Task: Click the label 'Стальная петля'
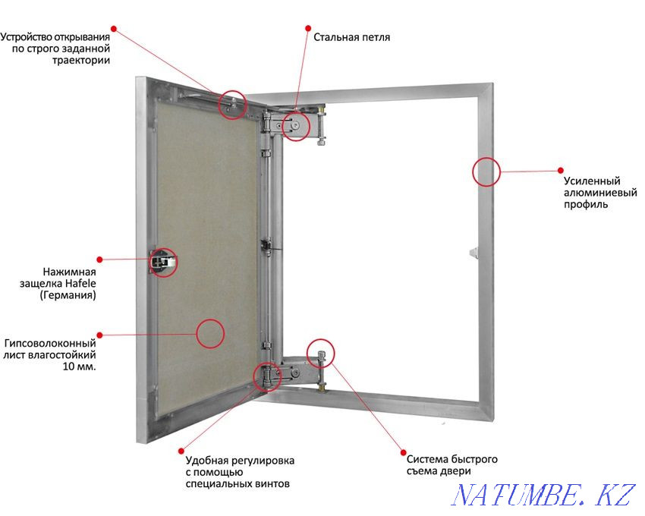351,37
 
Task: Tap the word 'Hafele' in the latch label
80,284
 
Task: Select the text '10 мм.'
80,367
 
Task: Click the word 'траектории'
81,60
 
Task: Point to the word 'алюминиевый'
600,193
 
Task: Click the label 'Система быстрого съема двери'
452,465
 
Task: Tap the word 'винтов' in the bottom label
272,483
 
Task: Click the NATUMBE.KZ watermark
543,495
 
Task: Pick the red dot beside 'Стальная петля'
307,28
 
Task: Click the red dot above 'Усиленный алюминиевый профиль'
560,170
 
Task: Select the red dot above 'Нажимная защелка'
99,260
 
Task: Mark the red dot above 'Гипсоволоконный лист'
99,335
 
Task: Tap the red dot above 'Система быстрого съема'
404,452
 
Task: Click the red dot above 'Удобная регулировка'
181,451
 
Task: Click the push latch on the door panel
162,262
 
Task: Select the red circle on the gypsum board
210,333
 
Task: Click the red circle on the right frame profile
486,171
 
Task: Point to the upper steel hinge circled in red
295,126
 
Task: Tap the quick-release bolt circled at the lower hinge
321,359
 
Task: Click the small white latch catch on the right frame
474,252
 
